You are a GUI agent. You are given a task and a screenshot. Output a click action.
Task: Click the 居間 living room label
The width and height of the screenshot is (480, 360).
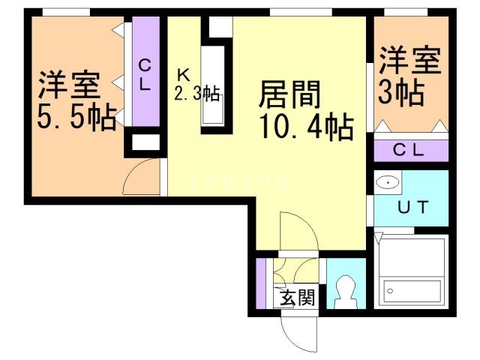point(290,95)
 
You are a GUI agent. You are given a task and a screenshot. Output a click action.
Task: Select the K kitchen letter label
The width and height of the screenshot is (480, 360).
point(183,75)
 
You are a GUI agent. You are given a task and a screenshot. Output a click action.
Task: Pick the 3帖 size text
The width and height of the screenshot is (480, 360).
point(400,94)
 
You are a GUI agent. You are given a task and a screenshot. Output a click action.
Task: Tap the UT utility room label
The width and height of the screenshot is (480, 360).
point(412,208)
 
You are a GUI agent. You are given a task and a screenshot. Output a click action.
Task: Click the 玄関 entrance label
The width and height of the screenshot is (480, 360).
point(297,298)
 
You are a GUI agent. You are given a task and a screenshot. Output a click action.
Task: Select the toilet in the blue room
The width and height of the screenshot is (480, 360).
point(346,289)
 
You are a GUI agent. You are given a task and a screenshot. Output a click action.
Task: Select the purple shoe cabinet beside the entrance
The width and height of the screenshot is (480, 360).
point(260,283)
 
